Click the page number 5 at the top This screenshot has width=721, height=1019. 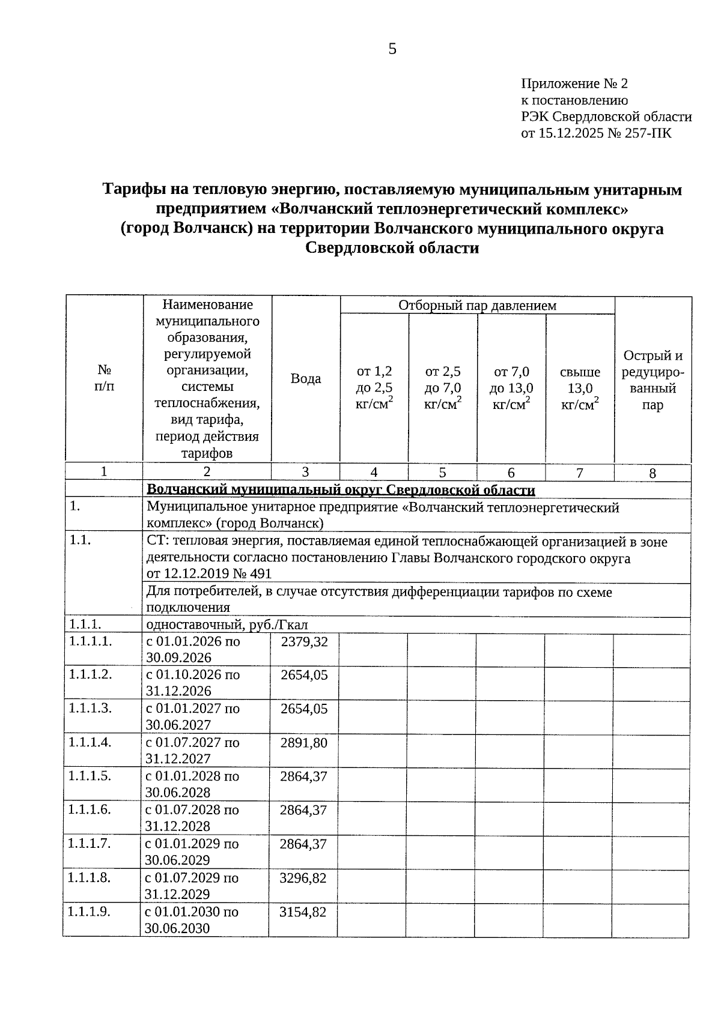[392, 49]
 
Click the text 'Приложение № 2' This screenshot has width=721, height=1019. [574, 83]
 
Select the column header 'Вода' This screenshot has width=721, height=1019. [306, 379]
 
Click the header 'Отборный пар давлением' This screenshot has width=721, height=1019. [477, 306]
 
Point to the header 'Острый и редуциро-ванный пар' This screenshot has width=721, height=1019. [653, 380]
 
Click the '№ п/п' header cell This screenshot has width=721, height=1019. [104, 378]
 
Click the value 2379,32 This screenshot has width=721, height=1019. [305, 642]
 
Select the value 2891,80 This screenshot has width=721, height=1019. [304, 743]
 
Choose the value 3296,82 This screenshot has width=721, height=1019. [303, 878]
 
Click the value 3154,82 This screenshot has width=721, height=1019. [303, 912]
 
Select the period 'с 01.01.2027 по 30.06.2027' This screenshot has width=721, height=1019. [193, 716]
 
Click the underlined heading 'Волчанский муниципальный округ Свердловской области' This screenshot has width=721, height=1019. [341, 491]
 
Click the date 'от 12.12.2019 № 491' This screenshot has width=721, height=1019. [209, 574]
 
